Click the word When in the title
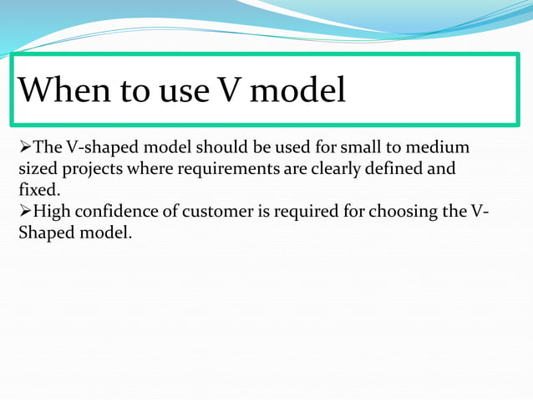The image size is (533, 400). [65, 90]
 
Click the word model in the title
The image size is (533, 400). [298, 90]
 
